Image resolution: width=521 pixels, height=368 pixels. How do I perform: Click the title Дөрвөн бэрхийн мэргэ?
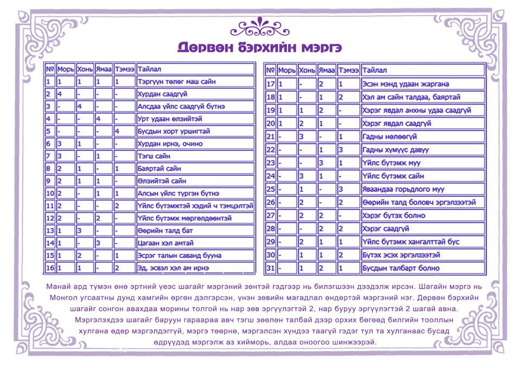(x=260, y=47)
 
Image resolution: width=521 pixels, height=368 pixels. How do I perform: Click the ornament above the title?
(x=260, y=26)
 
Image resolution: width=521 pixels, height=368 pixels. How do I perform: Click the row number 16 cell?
(x=49, y=268)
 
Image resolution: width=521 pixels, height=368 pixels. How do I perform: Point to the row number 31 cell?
(x=271, y=268)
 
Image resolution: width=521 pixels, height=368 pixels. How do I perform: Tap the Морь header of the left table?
(x=65, y=69)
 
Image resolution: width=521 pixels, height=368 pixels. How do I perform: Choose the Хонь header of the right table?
(x=307, y=70)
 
